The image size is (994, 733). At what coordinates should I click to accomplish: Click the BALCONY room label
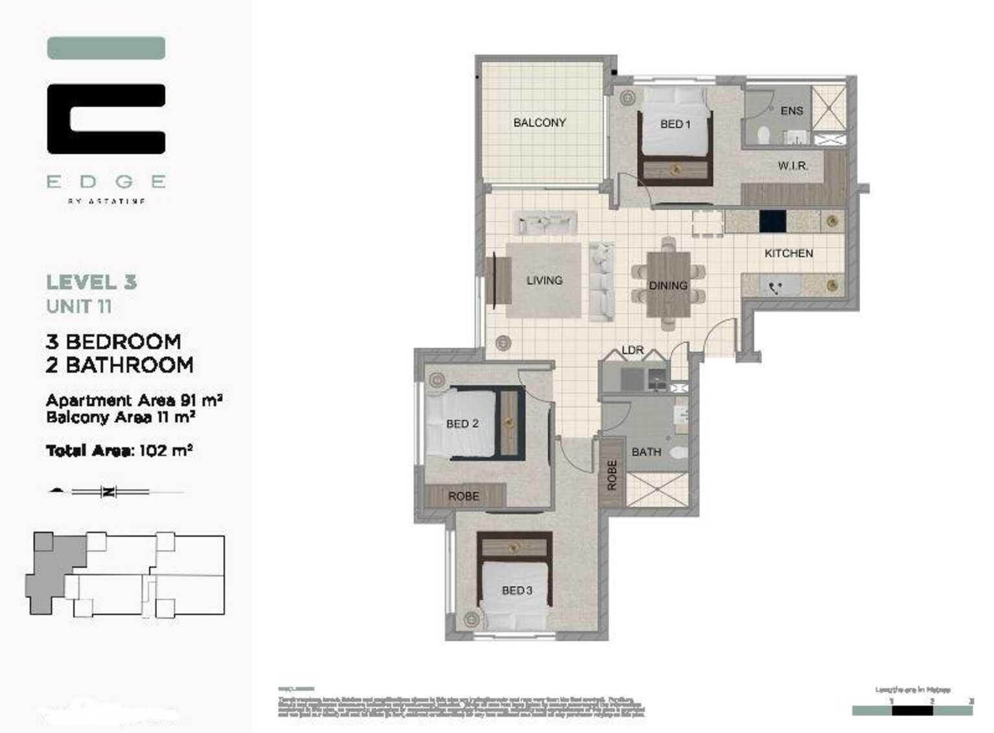point(539,122)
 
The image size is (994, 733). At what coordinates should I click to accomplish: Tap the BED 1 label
point(675,124)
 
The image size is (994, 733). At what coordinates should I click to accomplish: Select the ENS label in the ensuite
point(791,111)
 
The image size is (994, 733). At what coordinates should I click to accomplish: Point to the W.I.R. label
point(792,166)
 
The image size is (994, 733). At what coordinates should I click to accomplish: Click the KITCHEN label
point(788,253)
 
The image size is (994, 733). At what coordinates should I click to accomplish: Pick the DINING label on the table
point(668,285)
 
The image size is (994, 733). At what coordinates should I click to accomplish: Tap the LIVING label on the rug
point(544,280)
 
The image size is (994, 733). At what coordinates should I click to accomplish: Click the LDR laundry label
point(632,350)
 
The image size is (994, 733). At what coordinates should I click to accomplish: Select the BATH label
point(646,452)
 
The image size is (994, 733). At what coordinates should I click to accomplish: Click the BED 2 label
point(462,424)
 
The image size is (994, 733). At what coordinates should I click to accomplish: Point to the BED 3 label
point(516,590)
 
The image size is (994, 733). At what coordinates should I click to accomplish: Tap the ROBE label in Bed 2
point(463,496)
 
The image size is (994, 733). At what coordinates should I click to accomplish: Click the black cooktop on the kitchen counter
point(772,221)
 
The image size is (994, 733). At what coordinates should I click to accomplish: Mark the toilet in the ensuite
point(764,135)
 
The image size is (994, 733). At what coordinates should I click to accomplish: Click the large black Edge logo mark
point(106,119)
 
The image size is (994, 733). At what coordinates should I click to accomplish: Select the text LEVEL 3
point(91,283)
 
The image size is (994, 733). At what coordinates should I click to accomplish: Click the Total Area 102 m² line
point(119,450)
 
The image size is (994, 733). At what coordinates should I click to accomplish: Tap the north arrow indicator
point(108,492)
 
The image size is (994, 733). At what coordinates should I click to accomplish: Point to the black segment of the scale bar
point(912,710)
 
